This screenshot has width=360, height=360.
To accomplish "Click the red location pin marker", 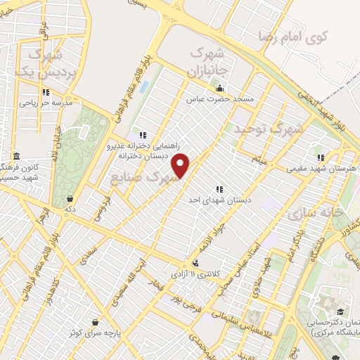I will point(181,165).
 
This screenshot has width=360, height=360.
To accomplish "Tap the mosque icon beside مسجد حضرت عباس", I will point(220,89).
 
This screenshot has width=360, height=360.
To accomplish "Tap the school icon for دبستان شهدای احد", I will point(220,189).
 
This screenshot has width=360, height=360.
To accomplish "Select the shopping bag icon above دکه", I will point(70,198).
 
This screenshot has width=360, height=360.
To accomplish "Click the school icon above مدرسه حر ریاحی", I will point(46,92).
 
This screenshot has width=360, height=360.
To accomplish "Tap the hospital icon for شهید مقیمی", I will point(321,157).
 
